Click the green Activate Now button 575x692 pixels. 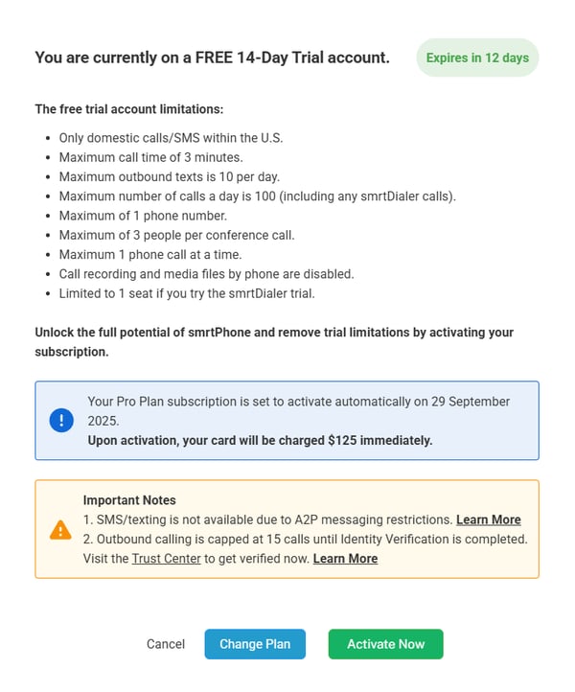pyautogui.click(x=385, y=644)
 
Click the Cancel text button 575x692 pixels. pyautogui.click(x=165, y=644)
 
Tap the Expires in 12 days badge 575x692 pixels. pyautogui.click(x=477, y=58)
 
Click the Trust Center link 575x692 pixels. pyautogui.click(x=166, y=558)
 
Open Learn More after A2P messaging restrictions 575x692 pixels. pyautogui.click(x=488, y=519)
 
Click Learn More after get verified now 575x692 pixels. pyautogui.click(x=345, y=558)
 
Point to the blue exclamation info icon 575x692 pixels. pyautogui.click(x=60, y=421)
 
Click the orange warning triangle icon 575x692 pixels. pyautogui.click(x=60, y=529)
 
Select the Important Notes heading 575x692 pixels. pyautogui.click(x=129, y=500)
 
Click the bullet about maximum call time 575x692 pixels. pyautogui.click(x=150, y=157)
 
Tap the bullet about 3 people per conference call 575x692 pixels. pyautogui.click(x=176, y=235)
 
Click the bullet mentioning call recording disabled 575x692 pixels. pyautogui.click(x=206, y=273)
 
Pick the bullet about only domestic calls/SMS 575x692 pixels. pyautogui.click(x=171, y=138)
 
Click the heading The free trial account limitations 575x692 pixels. pyautogui.click(x=128, y=109)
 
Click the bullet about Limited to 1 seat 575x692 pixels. pyautogui.click(x=186, y=292)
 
